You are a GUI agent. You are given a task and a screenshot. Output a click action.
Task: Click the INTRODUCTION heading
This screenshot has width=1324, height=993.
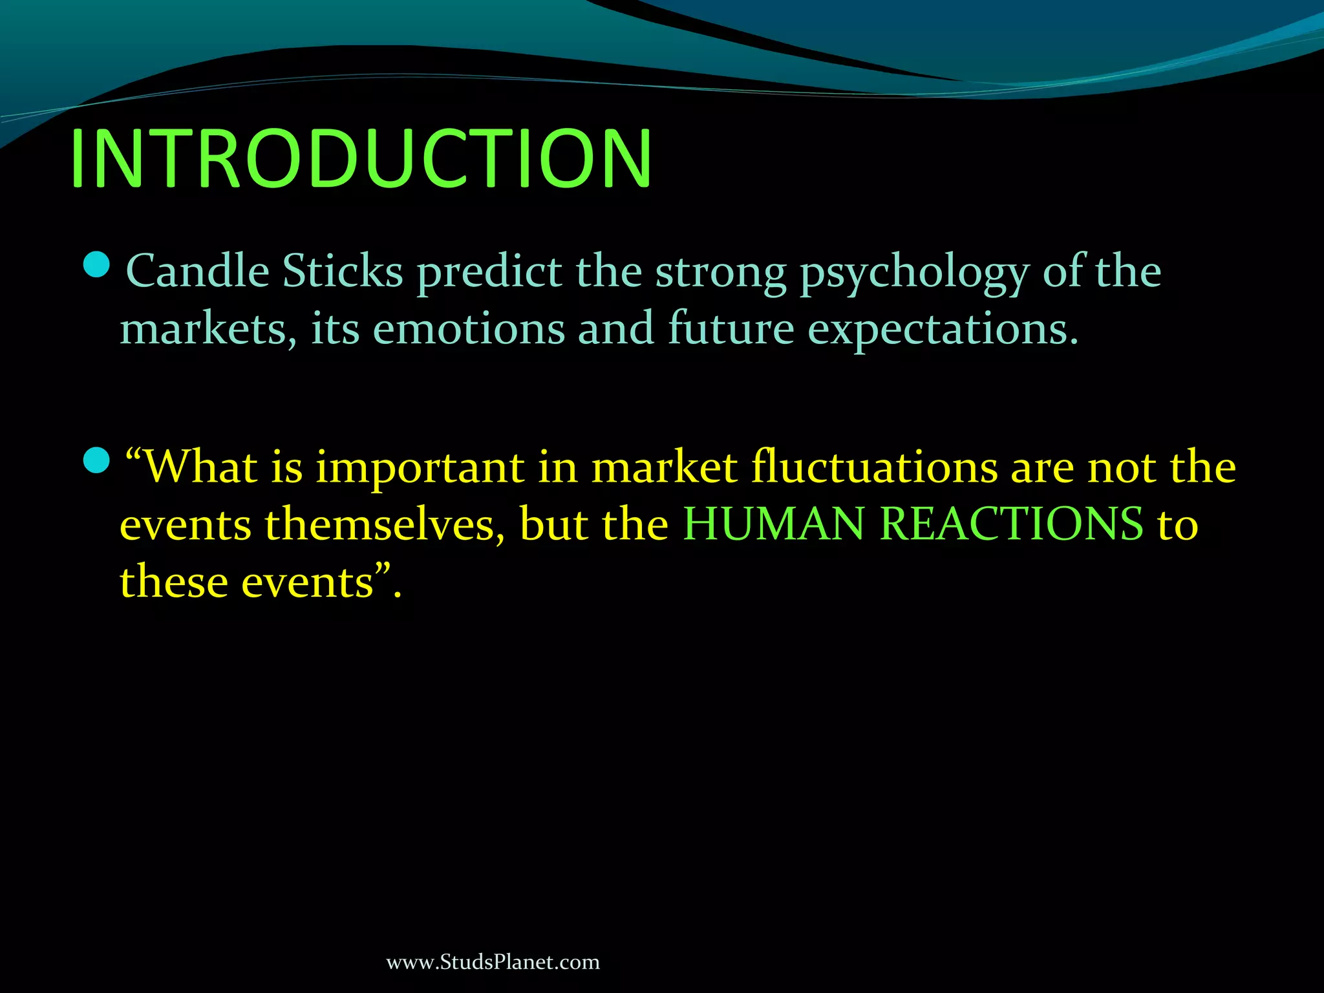point(361,159)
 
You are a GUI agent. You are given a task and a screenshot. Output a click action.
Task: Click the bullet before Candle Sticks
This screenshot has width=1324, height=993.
point(97,265)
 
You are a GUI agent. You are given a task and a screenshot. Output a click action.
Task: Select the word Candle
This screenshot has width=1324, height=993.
point(197,271)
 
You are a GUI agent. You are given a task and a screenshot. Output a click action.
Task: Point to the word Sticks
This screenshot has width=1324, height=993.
point(343,271)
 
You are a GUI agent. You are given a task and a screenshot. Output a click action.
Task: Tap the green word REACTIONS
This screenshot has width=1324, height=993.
point(1012,524)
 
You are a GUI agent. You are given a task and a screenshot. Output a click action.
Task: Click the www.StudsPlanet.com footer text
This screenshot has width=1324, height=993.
point(493,962)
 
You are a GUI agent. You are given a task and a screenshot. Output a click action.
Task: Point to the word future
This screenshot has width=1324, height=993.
point(731,329)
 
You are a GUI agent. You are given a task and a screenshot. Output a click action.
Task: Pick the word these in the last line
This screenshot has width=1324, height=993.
point(173,582)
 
